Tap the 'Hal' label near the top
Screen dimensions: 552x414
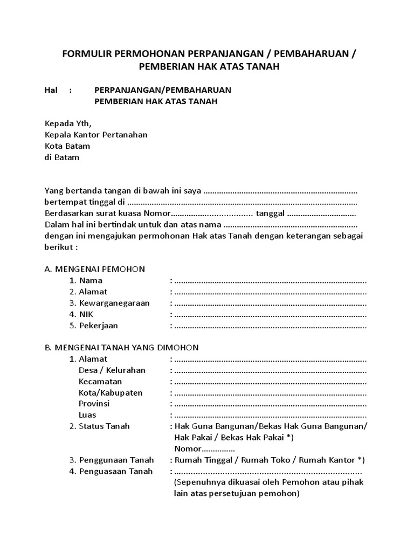[51, 90]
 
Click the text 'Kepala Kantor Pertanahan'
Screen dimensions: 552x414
[95, 135]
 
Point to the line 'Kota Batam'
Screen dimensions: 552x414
[67, 146]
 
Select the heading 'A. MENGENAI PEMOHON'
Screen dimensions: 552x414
[94, 269]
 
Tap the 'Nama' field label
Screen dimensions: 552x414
[90, 280]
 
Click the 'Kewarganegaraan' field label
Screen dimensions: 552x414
[114, 303]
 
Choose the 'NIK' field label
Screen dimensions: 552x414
[86, 314]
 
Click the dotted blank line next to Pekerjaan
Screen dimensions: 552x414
[271, 326]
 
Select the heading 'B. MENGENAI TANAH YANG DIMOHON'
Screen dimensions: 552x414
[121, 348]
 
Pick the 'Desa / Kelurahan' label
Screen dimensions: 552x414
[112, 370]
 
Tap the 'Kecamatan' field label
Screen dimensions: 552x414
[100, 382]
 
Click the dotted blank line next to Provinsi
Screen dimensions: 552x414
[271, 404]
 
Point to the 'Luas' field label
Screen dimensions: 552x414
[87, 415]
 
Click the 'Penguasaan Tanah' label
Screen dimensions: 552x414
[115, 471]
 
